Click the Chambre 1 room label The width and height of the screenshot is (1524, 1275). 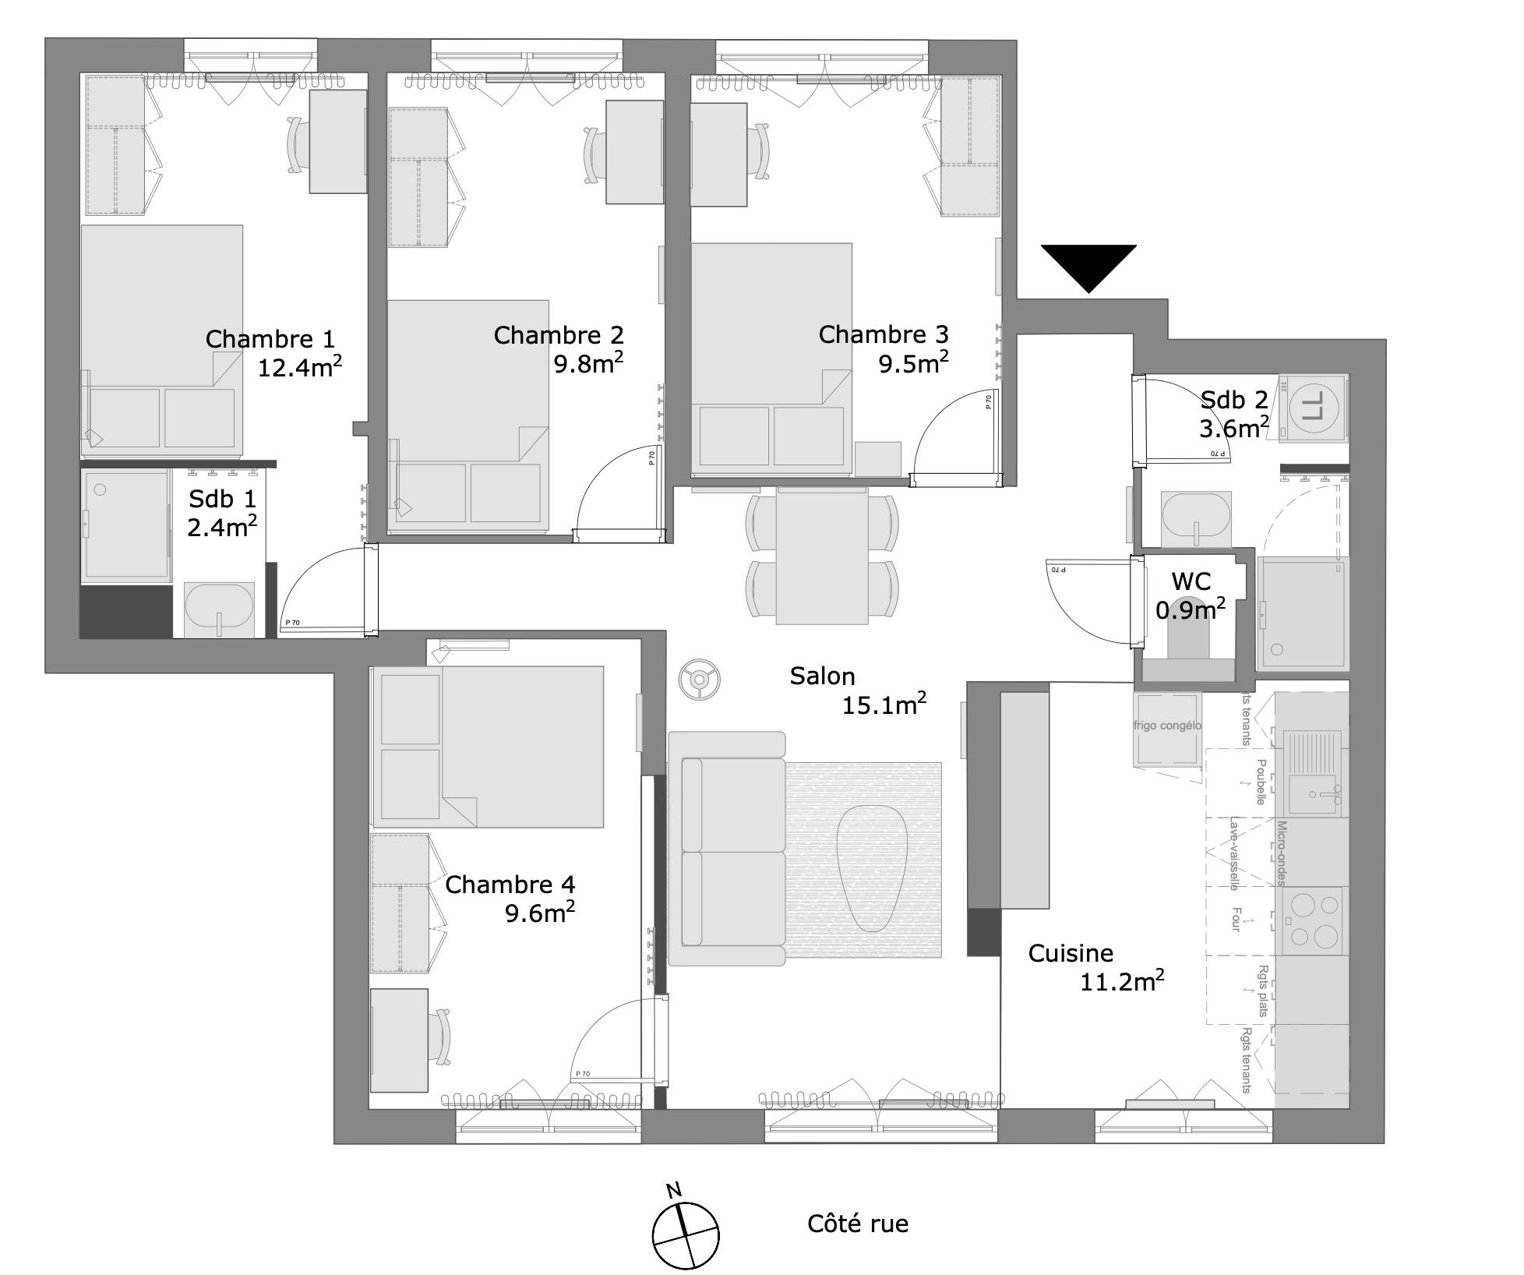point(270,339)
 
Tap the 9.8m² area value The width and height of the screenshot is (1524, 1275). point(587,363)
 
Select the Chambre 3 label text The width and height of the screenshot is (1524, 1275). point(883,334)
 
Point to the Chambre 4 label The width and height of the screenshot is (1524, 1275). point(510,885)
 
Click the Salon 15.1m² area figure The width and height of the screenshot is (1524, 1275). point(884,705)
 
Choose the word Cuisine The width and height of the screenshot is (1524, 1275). point(1071,953)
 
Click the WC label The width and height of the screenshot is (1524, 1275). point(1191,581)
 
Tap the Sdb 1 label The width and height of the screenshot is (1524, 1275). point(222,499)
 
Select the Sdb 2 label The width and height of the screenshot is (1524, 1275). point(1233,400)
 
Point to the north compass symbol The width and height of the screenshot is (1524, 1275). point(685,1234)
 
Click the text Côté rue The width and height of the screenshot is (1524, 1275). point(857,1224)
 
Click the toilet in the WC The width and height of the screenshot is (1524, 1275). point(1188,639)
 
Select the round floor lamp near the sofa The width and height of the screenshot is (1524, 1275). point(697,680)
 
